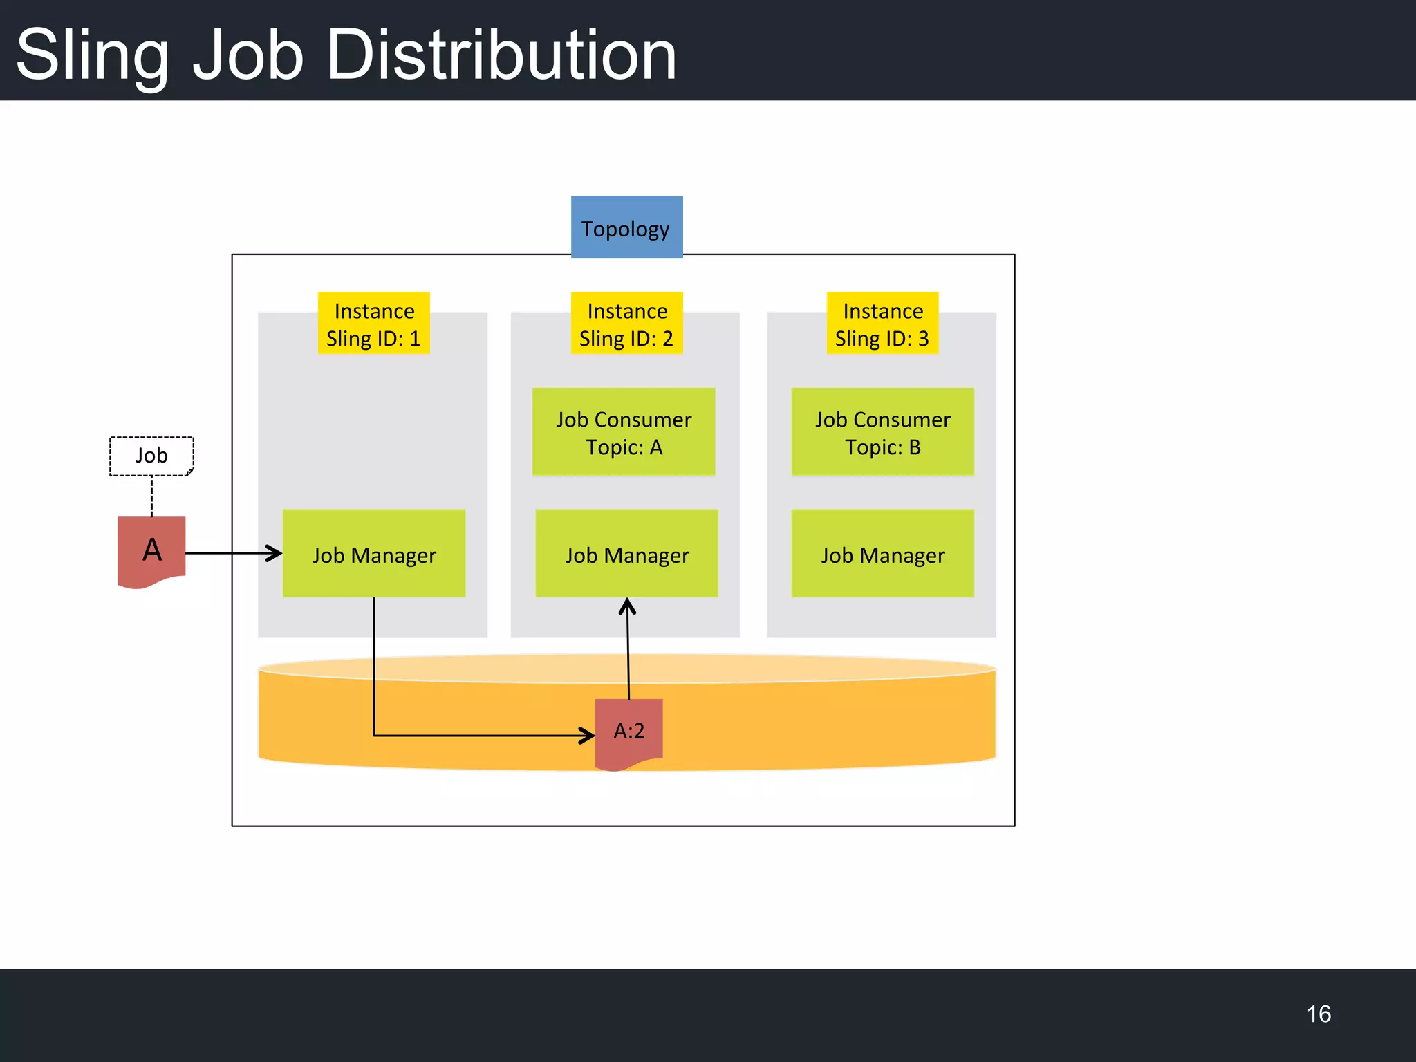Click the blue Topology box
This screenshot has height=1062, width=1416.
(626, 227)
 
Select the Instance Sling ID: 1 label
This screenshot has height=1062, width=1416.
(373, 324)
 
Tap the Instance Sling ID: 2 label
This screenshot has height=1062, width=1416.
(626, 324)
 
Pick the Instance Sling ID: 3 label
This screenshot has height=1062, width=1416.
(882, 324)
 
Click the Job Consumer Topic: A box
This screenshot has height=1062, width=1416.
(624, 432)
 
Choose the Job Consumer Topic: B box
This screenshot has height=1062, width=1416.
(882, 432)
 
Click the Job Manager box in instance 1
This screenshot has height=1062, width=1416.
(373, 554)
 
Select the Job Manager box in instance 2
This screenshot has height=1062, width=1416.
(626, 554)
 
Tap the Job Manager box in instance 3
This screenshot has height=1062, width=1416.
(882, 554)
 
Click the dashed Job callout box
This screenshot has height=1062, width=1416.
(151, 456)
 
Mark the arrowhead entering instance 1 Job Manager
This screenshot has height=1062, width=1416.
(275, 553)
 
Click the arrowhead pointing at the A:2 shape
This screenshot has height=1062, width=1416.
(588, 736)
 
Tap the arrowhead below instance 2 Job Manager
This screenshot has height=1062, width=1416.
(627, 606)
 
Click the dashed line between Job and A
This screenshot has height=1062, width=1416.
(151, 496)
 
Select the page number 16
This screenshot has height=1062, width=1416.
(1319, 1014)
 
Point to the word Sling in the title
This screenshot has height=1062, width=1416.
(92, 55)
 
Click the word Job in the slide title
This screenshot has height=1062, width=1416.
(248, 55)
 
